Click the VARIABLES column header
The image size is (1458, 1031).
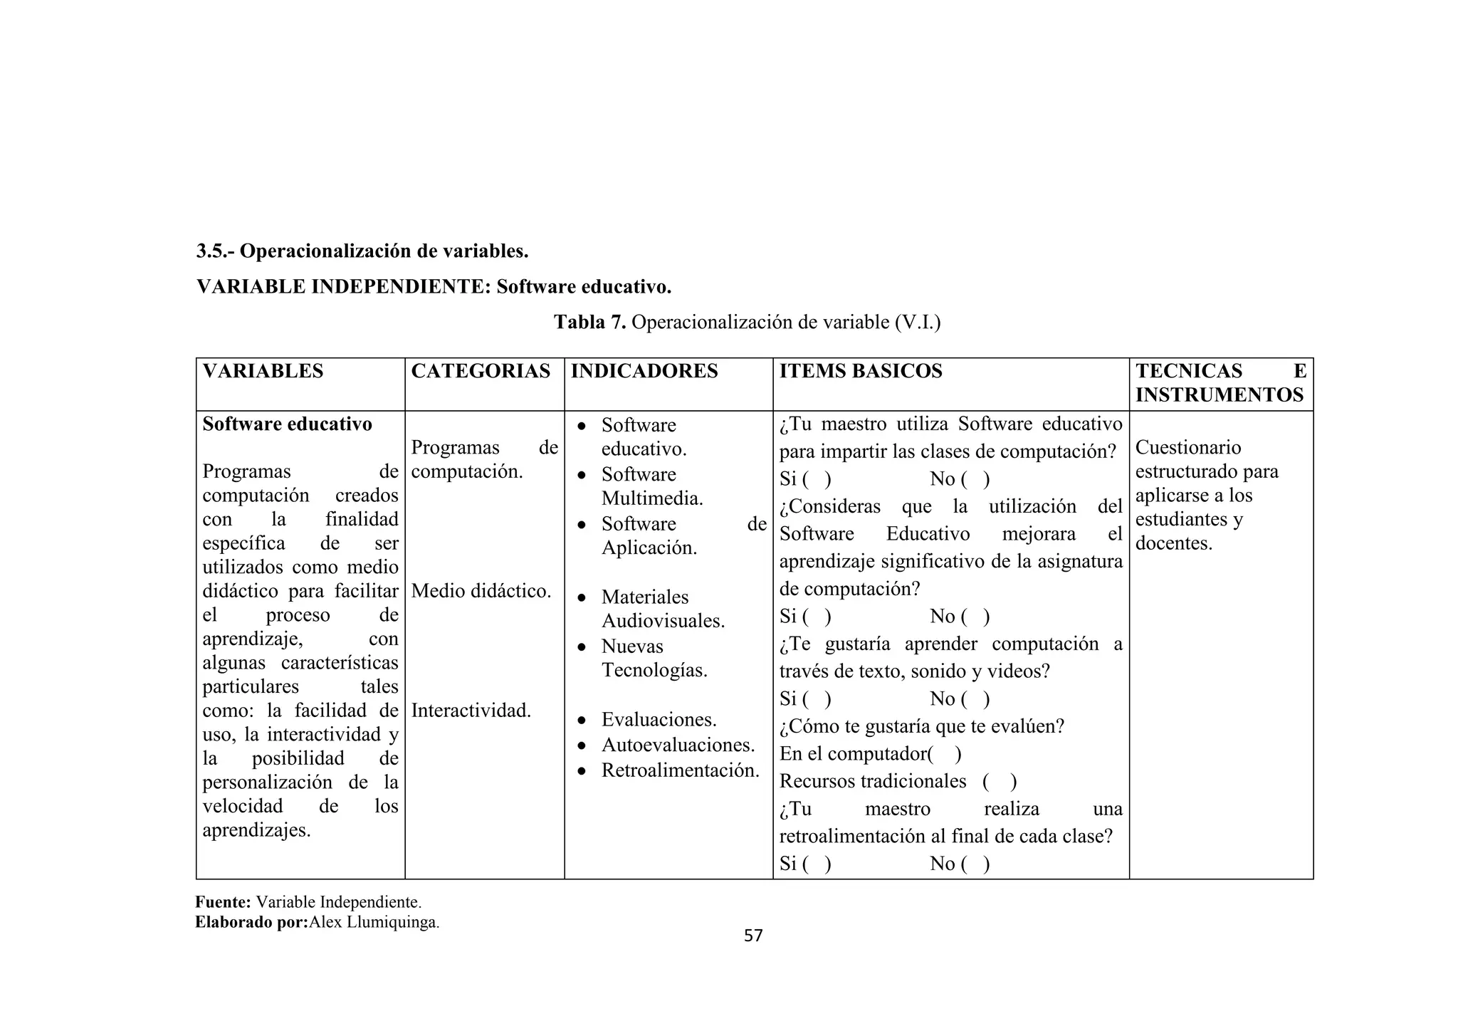(x=263, y=371)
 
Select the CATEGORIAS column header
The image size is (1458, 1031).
(x=481, y=371)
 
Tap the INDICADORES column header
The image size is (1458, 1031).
(x=644, y=371)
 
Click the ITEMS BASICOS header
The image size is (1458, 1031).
(x=860, y=371)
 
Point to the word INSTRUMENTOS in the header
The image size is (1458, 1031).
(x=1219, y=394)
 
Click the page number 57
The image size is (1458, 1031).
(x=752, y=936)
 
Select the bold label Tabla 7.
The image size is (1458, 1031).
(x=589, y=323)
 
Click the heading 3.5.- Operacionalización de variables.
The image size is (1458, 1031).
(x=362, y=251)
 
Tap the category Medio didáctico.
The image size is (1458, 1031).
(x=481, y=591)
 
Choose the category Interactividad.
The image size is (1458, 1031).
(x=471, y=711)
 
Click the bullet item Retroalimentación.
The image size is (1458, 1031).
(x=680, y=770)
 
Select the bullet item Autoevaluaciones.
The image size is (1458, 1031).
(x=678, y=745)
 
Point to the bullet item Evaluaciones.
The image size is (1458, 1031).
(x=659, y=720)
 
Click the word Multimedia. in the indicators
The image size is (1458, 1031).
(x=651, y=498)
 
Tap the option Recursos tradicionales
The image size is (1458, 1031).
(x=872, y=782)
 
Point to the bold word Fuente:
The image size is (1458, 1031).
(x=223, y=903)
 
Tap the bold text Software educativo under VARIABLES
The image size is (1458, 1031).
(x=287, y=424)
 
